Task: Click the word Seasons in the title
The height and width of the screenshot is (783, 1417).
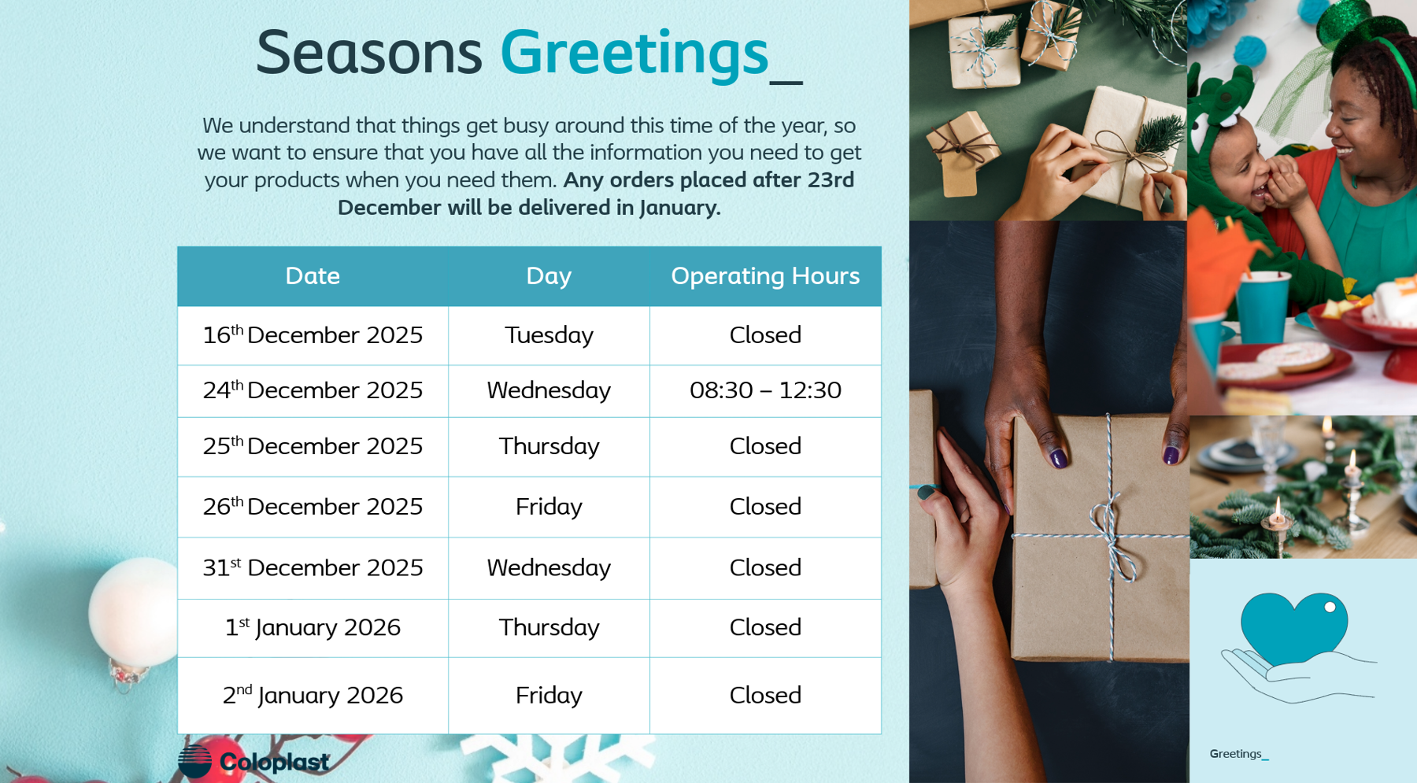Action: [x=368, y=53]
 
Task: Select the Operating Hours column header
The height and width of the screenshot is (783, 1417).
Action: [x=765, y=276]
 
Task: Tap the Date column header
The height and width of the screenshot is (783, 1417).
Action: [x=313, y=276]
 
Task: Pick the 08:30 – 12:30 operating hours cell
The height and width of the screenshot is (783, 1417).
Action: [x=765, y=390]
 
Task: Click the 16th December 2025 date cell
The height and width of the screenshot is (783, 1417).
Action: [x=313, y=335]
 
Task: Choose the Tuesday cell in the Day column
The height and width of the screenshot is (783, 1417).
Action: [x=549, y=335]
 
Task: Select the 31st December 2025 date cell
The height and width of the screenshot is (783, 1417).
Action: [x=313, y=567]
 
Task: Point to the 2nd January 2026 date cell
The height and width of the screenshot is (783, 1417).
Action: [x=313, y=695]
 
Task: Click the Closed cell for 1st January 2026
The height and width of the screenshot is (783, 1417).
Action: [x=765, y=627]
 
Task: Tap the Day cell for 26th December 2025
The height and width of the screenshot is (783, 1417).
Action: [x=549, y=507]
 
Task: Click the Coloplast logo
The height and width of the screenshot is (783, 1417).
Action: [x=253, y=761]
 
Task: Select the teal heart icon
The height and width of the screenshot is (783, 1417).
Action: [x=1293, y=628]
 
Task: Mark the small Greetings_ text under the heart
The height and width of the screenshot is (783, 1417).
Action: [x=1239, y=754]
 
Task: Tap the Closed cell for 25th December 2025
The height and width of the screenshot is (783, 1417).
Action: [x=765, y=446]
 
